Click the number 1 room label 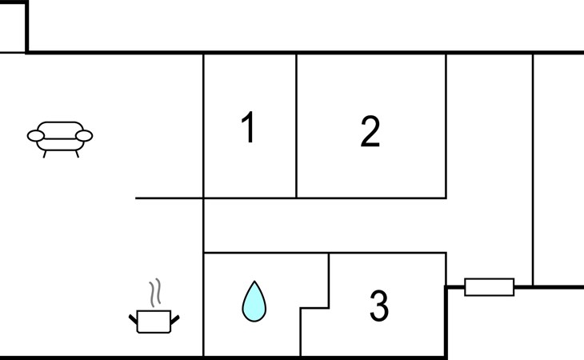click(x=248, y=126)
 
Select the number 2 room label click(x=370, y=131)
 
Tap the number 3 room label click(x=379, y=306)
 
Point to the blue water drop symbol click(x=254, y=301)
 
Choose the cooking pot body click(x=154, y=322)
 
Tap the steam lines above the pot click(x=155, y=293)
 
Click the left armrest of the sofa click(x=36, y=136)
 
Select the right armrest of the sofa click(x=84, y=136)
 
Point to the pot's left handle click(x=133, y=319)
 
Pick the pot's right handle click(x=175, y=319)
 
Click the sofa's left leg click(x=44, y=154)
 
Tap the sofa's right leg click(x=77, y=154)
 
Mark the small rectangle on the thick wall click(x=490, y=287)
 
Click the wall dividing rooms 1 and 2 click(x=297, y=126)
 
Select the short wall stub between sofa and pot click(x=169, y=198)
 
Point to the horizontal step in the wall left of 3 click(x=314, y=308)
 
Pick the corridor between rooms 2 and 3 click(x=325, y=226)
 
